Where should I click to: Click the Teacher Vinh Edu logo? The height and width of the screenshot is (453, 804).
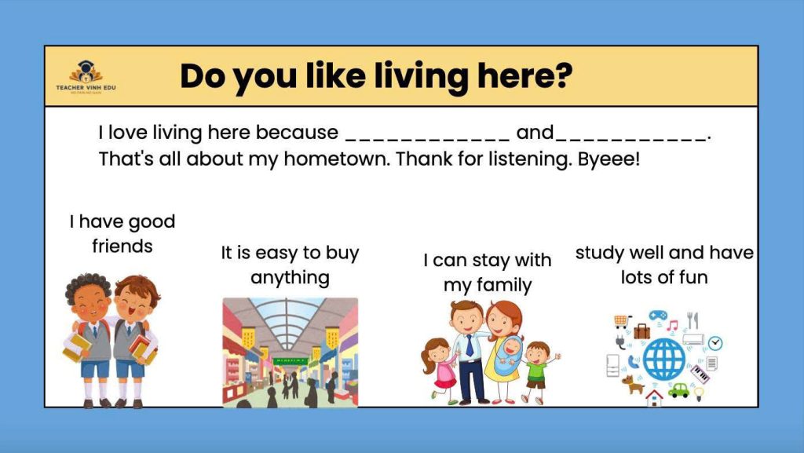pos(86,77)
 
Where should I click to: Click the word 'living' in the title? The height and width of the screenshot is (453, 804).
pos(421,77)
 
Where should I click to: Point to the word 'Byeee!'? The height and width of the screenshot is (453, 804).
pos(608,159)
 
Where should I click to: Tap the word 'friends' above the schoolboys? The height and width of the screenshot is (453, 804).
pos(122,246)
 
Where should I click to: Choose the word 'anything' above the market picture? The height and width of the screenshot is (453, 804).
pos(290,278)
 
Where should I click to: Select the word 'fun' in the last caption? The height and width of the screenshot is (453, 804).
pos(693,277)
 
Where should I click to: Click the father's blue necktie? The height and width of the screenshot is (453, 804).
pos(470,345)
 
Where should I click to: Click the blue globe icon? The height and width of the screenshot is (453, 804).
pos(663,359)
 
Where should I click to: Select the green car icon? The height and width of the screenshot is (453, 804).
pos(679,390)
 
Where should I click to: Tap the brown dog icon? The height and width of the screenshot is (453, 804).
pos(632,384)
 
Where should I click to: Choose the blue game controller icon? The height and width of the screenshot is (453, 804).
pos(658,315)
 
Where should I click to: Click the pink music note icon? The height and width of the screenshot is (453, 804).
pos(672,325)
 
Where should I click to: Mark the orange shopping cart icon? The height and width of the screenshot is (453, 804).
pos(622,321)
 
